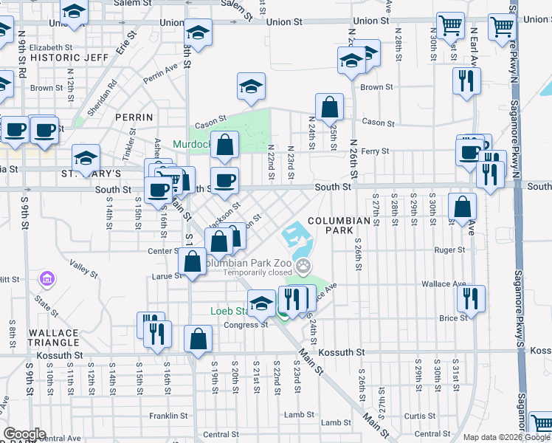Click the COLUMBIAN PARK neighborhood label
[x=339, y=225]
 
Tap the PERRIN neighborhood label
[x=134, y=117]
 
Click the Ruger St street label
[x=449, y=250]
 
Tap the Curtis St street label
[x=418, y=416]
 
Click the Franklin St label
[x=165, y=416]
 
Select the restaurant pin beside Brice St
[x=470, y=299]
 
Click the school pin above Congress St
[x=261, y=303]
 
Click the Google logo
[x=24, y=434]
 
